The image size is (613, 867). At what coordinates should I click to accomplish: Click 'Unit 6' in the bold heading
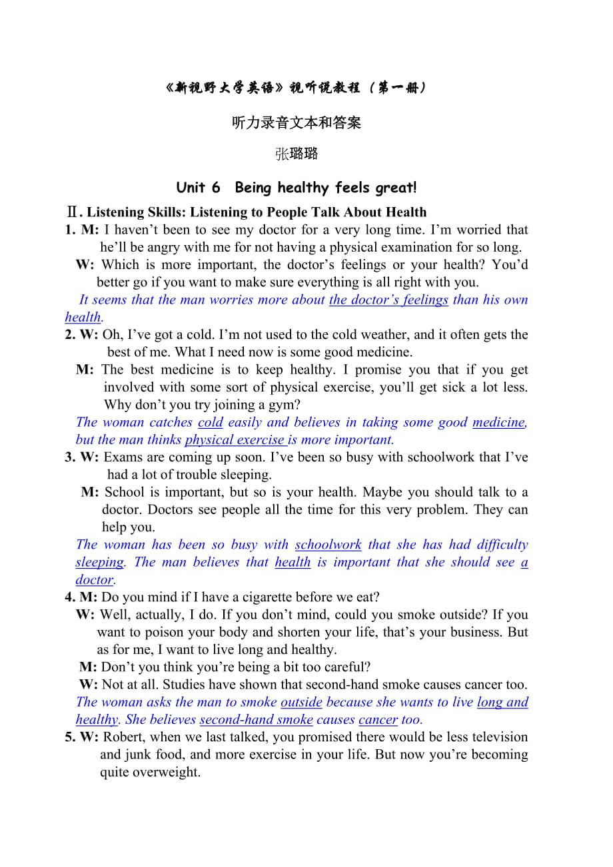point(198,188)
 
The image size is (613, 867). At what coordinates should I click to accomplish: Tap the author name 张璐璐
point(297,154)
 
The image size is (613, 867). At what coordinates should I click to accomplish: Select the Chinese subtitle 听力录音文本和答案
point(297,123)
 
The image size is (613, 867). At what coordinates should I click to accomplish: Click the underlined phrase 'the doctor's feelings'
point(388,300)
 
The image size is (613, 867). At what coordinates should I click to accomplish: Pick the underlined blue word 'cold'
point(211,422)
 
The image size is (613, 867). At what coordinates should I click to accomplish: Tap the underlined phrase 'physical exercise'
point(235,439)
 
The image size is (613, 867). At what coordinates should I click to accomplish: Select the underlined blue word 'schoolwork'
point(328,545)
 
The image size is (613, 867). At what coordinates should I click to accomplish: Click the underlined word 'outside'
point(301,702)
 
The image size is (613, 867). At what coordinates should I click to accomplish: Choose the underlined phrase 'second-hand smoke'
point(256,719)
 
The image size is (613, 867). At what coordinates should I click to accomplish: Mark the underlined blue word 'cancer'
point(378,719)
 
